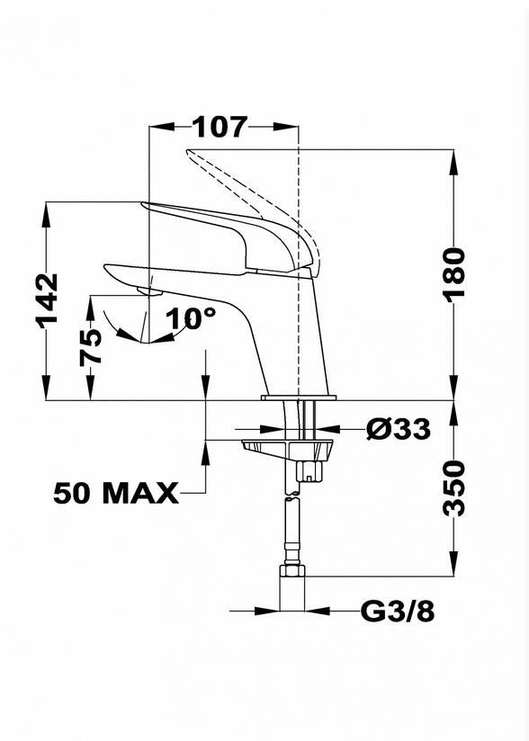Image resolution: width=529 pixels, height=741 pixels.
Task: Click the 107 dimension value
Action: pyautogui.click(x=220, y=127)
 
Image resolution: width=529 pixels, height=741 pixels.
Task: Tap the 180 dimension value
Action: pyautogui.click(x=454, y=272)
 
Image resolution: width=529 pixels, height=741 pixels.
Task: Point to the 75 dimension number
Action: pyautogui.click(x=90, y=348)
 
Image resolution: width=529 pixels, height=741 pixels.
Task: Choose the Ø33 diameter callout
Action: pyautogui.click(x=399, y=429)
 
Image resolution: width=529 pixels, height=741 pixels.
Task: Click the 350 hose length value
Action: pyautogui.click(x=454, y=488)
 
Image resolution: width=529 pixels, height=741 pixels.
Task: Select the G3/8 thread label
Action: pyautogui.click(x=397, y=612)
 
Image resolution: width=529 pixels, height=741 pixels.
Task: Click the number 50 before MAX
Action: pyautogui.click(x=71, y=494)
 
